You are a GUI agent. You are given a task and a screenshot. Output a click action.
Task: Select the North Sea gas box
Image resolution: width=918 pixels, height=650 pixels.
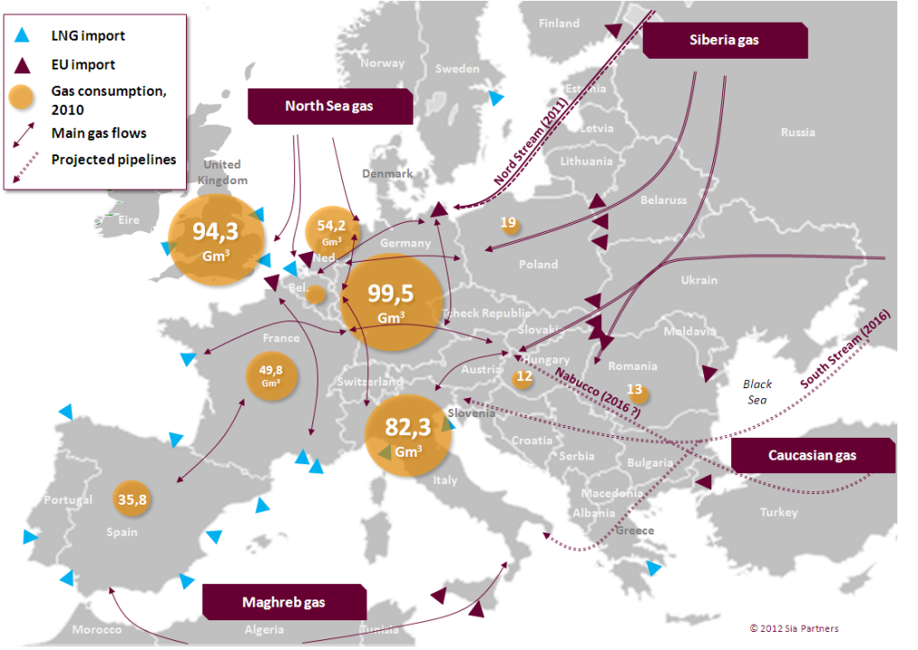pos(329,107)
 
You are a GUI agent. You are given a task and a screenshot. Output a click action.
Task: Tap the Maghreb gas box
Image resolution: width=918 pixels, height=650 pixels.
pos(283,602)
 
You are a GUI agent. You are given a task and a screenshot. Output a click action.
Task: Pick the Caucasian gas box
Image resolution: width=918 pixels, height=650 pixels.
pos(812,456)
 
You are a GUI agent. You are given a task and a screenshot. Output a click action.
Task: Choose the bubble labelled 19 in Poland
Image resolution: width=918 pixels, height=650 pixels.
pos(510,223)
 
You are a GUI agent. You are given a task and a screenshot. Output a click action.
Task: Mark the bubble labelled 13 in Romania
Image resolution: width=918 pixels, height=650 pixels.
pos(635,393)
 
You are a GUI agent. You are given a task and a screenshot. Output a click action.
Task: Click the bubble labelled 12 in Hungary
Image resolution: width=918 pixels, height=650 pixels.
pos(524,378)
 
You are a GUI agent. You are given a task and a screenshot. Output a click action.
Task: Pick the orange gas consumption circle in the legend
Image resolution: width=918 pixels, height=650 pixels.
pos(23,99)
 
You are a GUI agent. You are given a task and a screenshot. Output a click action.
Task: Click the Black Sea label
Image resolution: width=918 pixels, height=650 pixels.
pos(757,391)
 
